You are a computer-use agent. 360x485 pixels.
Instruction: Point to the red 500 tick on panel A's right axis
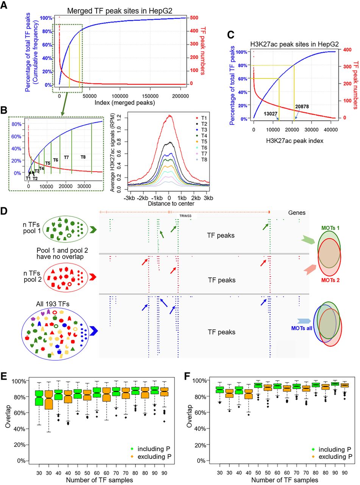tap(194, 18)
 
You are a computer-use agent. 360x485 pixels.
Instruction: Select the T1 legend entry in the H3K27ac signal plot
tap(201, 118)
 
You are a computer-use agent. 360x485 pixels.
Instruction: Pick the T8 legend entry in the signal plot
tap(201, 160)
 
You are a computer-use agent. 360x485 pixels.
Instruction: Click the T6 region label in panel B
tap(56, 160)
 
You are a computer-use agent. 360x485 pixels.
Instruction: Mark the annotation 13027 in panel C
tap(270, 114)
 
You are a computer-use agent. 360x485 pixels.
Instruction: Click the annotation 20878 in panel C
tap(302, 106)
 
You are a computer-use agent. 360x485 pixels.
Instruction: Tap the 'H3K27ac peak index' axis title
tap(295, 141)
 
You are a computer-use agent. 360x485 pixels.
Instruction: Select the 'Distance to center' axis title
tap(171, 203)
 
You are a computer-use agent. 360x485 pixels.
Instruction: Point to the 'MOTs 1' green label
tap(330, 228)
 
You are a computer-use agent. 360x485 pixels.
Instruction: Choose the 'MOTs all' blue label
tap(302, 328)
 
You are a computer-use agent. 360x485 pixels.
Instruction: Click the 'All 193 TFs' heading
tap(53, 304)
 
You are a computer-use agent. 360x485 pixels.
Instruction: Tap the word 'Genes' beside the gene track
tap(297, 213)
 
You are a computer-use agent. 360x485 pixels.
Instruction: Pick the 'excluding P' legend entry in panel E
tap(151, 457)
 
